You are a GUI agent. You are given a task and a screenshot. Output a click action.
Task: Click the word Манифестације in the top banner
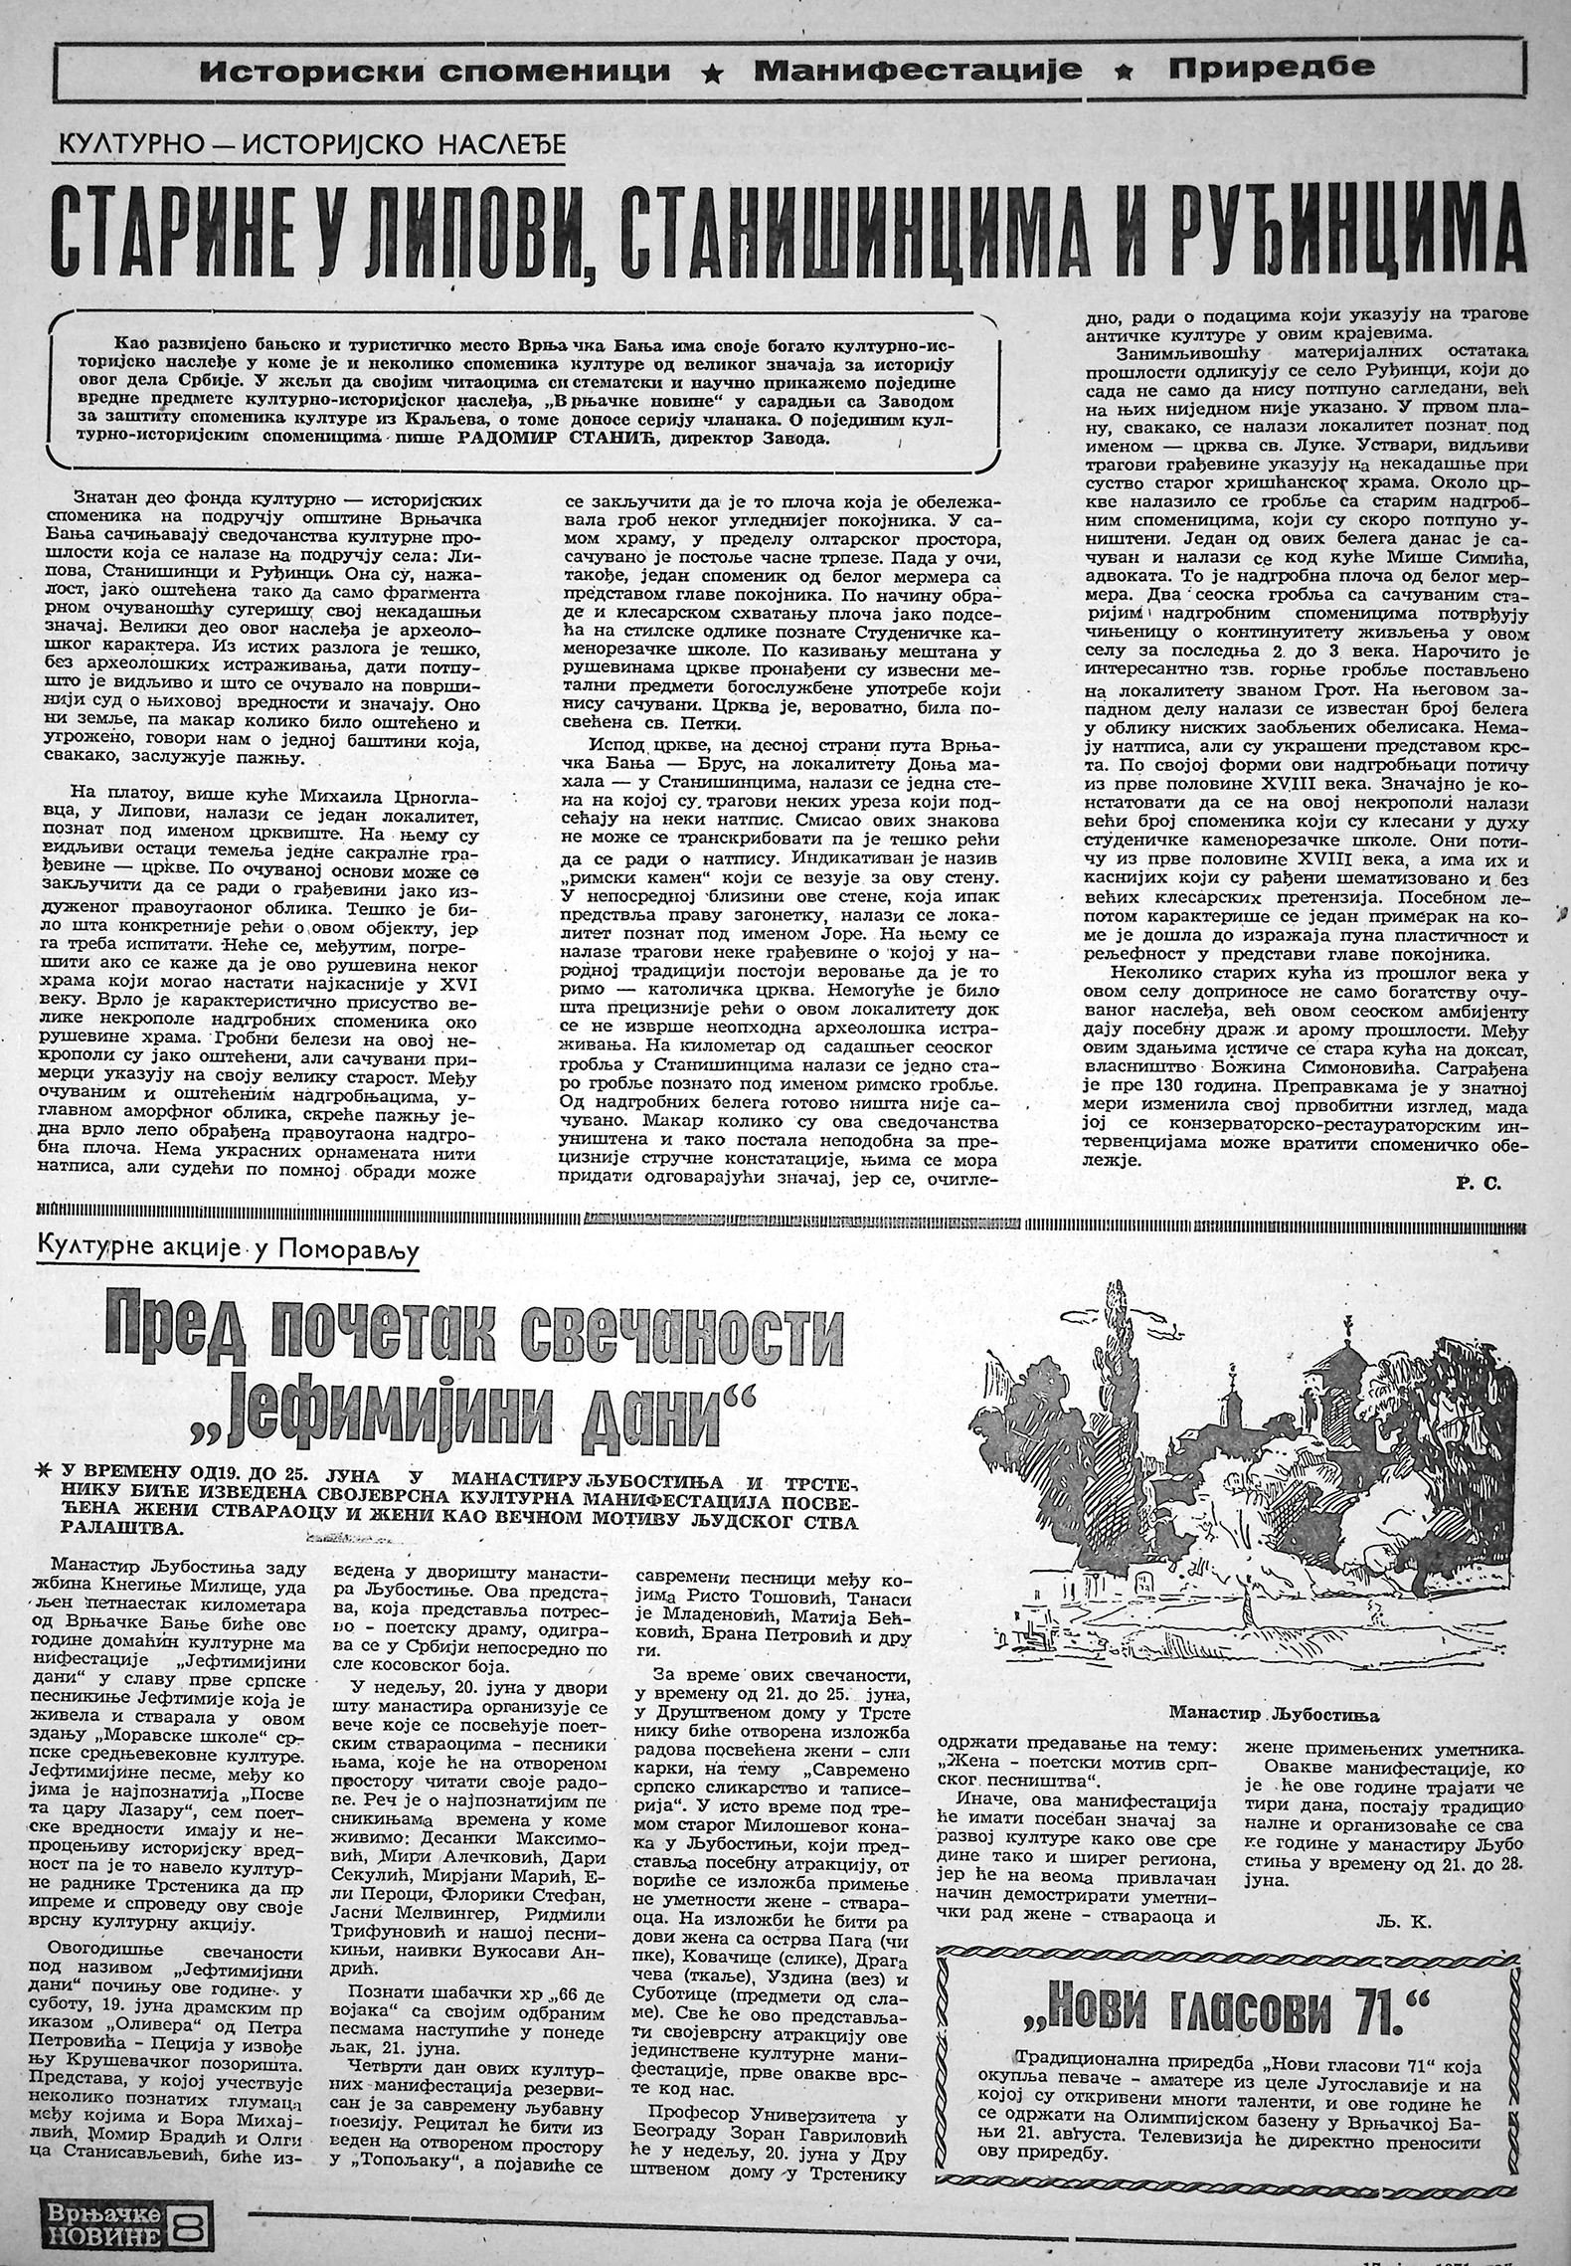tap(917, 70)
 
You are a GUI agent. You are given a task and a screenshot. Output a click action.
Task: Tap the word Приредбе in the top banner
tap(1272, 68)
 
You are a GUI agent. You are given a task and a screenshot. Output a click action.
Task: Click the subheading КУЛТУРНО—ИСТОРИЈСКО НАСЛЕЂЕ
tap(311, 145)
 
